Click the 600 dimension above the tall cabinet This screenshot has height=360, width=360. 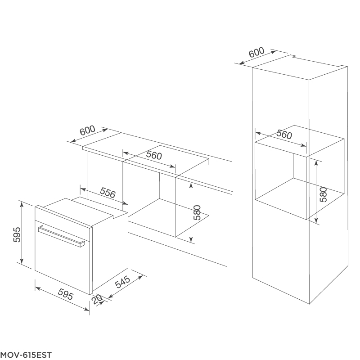[256, 52]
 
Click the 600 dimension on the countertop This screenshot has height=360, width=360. [87, 130]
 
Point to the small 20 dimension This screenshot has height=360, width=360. [96, 300]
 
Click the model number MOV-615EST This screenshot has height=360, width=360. [26, 355]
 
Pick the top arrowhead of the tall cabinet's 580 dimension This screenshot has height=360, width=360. [317, 162]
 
